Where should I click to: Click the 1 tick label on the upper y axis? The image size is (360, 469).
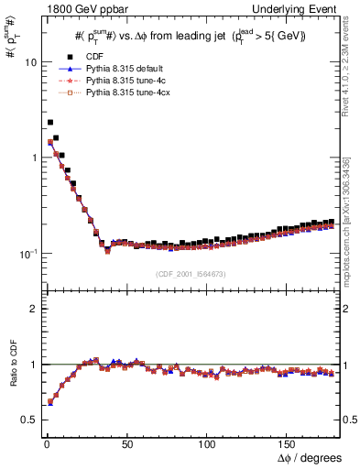30,158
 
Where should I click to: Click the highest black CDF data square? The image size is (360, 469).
49,122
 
